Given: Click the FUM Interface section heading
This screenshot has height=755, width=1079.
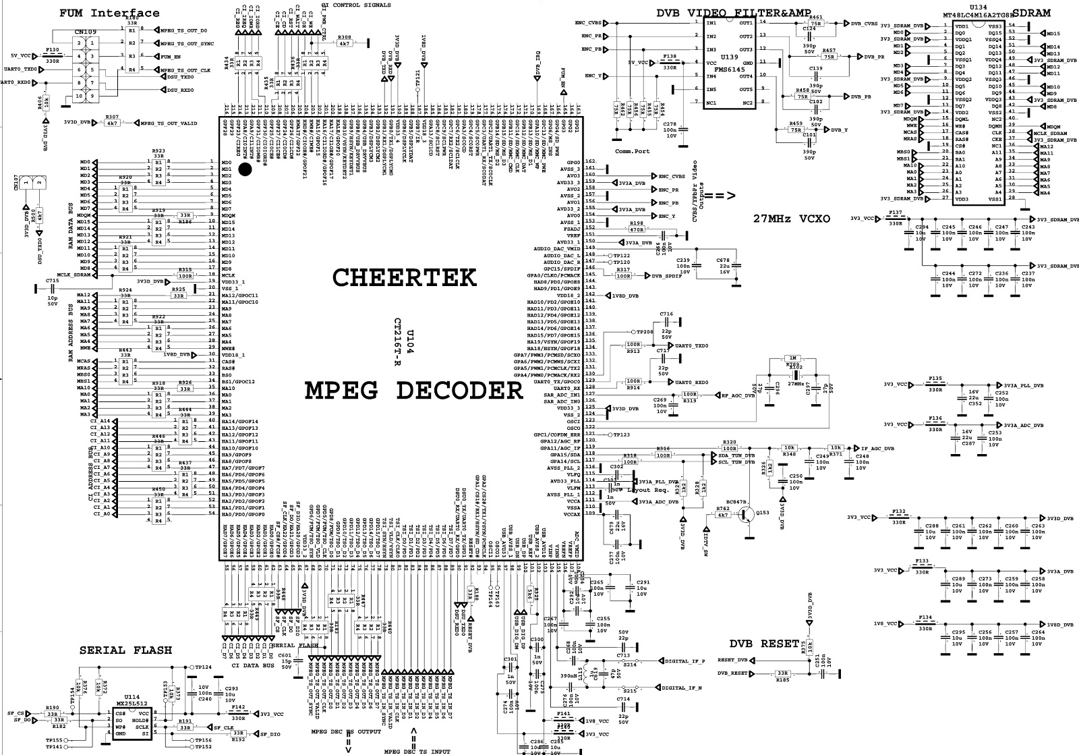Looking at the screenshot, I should (x=109, y=13).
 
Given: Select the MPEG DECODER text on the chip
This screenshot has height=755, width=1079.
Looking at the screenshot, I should (x=413, y=390).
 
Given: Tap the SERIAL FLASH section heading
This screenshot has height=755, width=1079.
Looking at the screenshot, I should (x=125, y=650).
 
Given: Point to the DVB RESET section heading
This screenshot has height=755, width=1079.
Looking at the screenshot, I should (x=763, y=643).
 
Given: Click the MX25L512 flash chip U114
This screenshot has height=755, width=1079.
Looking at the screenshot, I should (x=132, y=723).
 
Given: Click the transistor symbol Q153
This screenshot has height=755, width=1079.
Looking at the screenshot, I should (x=747, y=515).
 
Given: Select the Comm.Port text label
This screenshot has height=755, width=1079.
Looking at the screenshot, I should (x=632, y=151).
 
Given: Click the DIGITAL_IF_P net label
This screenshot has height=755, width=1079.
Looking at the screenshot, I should (x=685, y=661).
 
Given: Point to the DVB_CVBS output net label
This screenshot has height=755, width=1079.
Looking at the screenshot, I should (x=864, y=23).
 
